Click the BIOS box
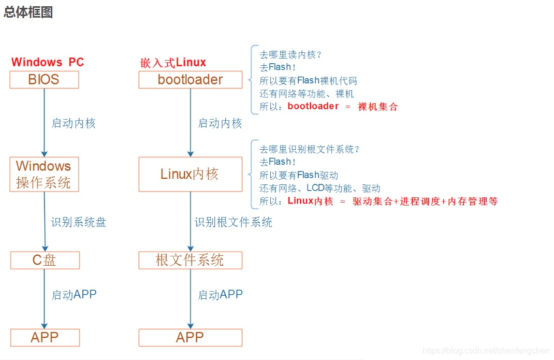[x=44, y=80]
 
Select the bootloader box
[x=190, y=80]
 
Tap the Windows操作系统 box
[x=44, y=175]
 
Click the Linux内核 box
[x=190, y=175]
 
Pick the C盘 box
[x=45, y=260]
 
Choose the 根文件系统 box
[x=190, y=260]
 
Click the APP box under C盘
[x=45, y=338]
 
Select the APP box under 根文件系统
[x=190, y=338]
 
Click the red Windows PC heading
[x=48, y=62]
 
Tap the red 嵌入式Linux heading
[x=173, y=63]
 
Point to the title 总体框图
[x=28, y=12]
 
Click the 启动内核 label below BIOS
[x=74, y=123]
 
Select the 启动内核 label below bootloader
[x=220, y=123]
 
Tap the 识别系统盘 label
[x=79, y=222]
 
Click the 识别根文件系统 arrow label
[x=234, y=222]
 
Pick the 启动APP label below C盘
[x=74, y=295]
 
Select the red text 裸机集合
[x=378, y=107]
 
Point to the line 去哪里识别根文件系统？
[x=310, y=150]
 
